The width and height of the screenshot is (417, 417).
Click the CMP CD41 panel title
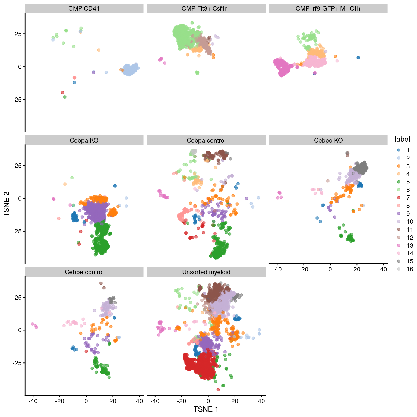click(84, 8)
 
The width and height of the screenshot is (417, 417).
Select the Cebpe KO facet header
click(328, 140)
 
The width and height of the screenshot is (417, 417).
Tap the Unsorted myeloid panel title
click(206, 272)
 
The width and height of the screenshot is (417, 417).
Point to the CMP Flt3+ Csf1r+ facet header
click(206, 8)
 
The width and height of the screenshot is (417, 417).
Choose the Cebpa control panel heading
click(206, 140)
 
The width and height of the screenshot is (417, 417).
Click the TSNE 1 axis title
click(206, 409)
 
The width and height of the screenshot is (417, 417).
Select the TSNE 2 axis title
click(7, 204)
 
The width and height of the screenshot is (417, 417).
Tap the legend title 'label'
click(402, 139)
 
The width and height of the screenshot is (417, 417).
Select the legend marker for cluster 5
click(399, 182)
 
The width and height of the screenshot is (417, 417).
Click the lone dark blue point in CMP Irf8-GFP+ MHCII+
click(358, 58)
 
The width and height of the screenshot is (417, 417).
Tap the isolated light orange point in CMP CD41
click(99, 50)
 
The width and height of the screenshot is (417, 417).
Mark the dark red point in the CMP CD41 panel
click(62, 93)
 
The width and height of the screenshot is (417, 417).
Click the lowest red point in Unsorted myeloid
click(218, 390)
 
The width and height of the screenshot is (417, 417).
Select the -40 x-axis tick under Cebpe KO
click(277, 269)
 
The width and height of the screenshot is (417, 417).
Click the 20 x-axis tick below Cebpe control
click(113, 401)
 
